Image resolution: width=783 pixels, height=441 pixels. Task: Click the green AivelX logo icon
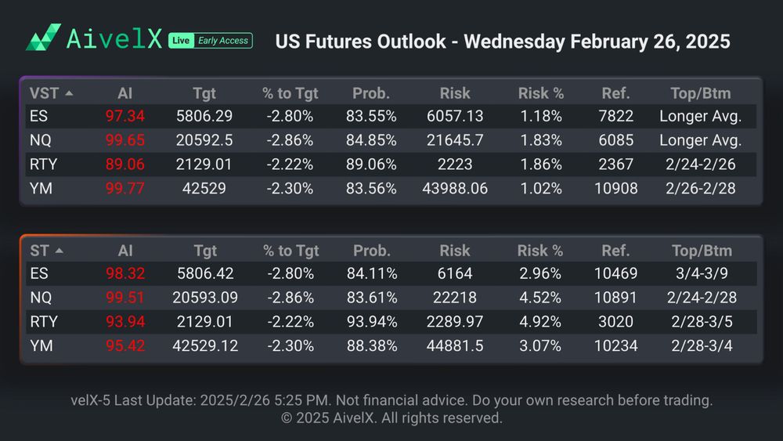tap(43, 38)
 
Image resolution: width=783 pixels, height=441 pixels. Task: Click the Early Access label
tap(222, 41)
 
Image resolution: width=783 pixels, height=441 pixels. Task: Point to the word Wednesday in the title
tap(514, 41)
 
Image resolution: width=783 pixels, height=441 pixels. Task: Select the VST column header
tap(44, 93)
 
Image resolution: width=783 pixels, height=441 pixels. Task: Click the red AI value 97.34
tap(124, 117)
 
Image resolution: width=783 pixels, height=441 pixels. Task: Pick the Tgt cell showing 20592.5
tap(204, 141)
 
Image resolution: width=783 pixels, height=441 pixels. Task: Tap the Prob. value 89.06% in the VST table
tap(371, 164)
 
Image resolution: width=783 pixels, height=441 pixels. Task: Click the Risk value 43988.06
tap(454, 188)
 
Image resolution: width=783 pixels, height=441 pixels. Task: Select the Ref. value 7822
tap(615, 117)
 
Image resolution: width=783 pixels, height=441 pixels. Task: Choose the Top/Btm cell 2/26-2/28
tap(700, 188)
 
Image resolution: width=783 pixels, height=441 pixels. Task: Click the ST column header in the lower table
tap(40, 251)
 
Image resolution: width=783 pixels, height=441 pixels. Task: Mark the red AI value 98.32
tap(125, 274)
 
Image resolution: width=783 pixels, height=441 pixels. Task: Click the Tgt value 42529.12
tap(204, 345)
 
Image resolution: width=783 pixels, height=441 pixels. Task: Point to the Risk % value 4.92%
tap(540, 322)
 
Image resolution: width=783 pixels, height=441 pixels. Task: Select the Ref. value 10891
tap(615, 298)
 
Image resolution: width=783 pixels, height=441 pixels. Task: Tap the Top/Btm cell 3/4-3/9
tap(701, 274)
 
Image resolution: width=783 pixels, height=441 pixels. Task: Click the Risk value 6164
tap(454, 274)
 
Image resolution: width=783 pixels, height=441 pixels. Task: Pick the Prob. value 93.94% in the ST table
tap(371, 322)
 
